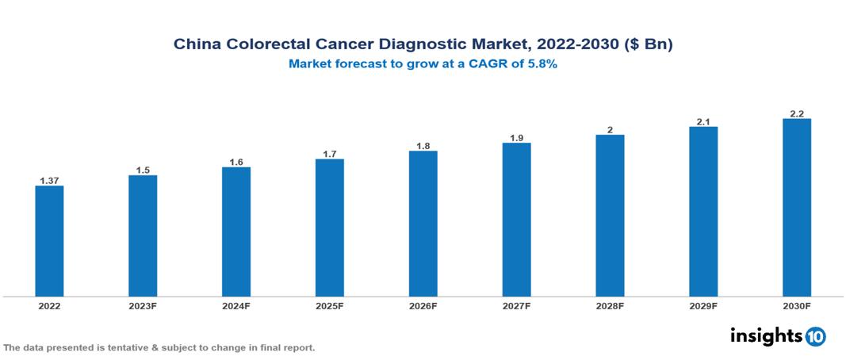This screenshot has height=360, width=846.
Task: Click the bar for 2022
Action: [x=49, y=241]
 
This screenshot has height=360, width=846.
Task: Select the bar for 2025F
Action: [x=329, y=228]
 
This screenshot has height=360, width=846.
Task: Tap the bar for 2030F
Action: [x=796, y=208]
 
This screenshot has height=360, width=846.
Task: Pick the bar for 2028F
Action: [x=610, y=216]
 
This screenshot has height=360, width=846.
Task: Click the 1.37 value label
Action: [x=49, y=181]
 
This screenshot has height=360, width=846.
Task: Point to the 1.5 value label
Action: [x=143, y=170]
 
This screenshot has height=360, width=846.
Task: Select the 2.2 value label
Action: [x=796, y=113]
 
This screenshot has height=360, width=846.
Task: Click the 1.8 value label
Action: [x=423, y=146]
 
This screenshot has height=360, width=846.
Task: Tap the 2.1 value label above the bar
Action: [x=703, y=121]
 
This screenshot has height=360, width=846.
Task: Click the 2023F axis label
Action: [x=143, y=305]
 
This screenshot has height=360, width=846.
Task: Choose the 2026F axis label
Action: [x=423, y=305]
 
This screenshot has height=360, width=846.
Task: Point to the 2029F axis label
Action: [x=703, y=305]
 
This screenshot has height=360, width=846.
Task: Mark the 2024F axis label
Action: [x=236, y=305]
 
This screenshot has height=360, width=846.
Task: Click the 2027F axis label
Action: [x=516, y=305]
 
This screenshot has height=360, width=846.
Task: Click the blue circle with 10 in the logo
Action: [x=815, y=336]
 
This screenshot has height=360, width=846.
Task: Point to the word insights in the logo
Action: [x=766, y=335]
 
